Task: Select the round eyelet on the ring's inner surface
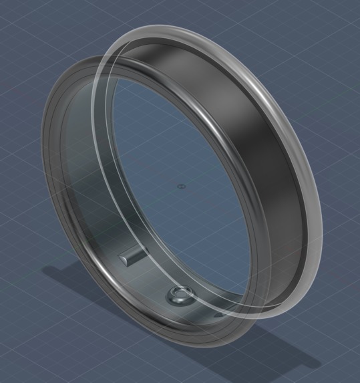tap(179, 294)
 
